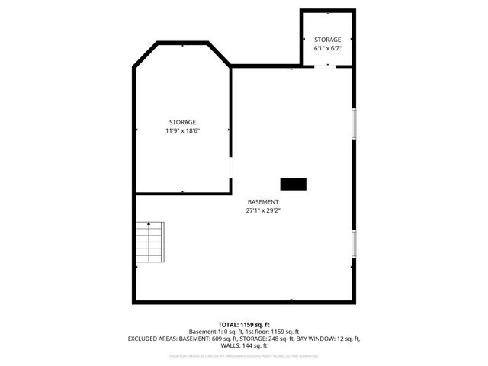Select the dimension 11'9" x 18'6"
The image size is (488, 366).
[x=182, y=130]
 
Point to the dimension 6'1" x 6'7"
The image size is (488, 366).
[x=327, y=48]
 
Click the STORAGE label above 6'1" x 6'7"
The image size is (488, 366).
[x=327, y=40]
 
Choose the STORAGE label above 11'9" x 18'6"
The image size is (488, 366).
[x=182, y=122]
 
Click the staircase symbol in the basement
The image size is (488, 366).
[x=149, y=242]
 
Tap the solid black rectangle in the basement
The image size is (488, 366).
[x=293, y=183]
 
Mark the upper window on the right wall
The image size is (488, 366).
[x=354, y=122]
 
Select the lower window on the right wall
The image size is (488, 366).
[x=354, y=243]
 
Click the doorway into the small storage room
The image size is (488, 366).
[x=323, y=66]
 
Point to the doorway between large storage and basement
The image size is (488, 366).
[x=232, y=168]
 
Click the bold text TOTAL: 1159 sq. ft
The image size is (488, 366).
[x=243, y=324]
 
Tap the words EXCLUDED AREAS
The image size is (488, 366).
[x=150, y=338]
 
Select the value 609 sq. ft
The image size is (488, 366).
[x=221, y=338]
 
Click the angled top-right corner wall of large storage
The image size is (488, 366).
[x=219, y=54]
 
